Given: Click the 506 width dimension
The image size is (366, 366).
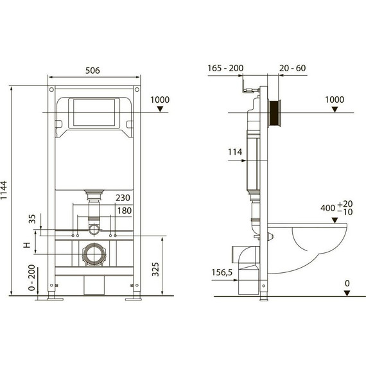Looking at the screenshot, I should pyautogui.click(x=94, y=72).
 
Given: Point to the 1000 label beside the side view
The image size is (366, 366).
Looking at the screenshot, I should pyautogui.click(x=334, y=100).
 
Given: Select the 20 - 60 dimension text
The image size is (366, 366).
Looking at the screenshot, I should pyautogui.click(x=293, y=67).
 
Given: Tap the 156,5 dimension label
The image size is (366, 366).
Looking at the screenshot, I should pyautogui.click(x=222, y=272).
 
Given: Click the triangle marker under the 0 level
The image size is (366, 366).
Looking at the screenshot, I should pyautogui.click(x=346, y=293).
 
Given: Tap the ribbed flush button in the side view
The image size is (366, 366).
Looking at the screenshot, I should pyautogui.click(x=276, y=113).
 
